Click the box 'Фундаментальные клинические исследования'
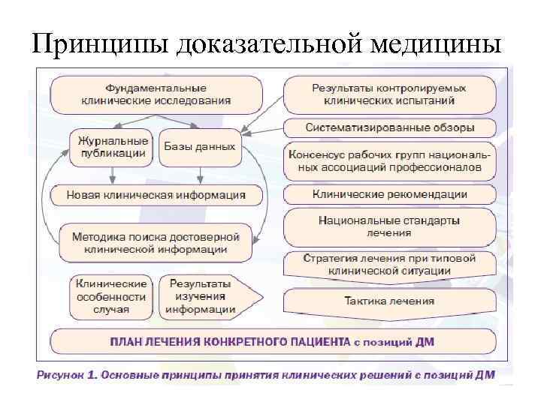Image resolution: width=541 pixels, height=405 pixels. click(156, 94)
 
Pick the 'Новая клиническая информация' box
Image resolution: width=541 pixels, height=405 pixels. click(156, 195)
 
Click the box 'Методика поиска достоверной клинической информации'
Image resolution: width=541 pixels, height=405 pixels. click(156, 242)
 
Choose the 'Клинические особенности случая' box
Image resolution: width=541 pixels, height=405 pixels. click(112, 295)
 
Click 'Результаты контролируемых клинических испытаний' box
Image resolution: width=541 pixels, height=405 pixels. click(389, 94)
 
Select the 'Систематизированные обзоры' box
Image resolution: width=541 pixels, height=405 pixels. click(389, 127)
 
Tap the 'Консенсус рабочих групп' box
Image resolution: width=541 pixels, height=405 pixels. click(389, 160)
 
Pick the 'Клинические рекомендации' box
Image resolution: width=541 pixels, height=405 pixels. click(389, 194)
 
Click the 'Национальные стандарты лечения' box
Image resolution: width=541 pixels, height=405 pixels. click(389, 227)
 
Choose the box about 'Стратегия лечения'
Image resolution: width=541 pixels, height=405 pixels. click(389, 264)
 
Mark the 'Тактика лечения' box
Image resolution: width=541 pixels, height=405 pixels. click(389, 301)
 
